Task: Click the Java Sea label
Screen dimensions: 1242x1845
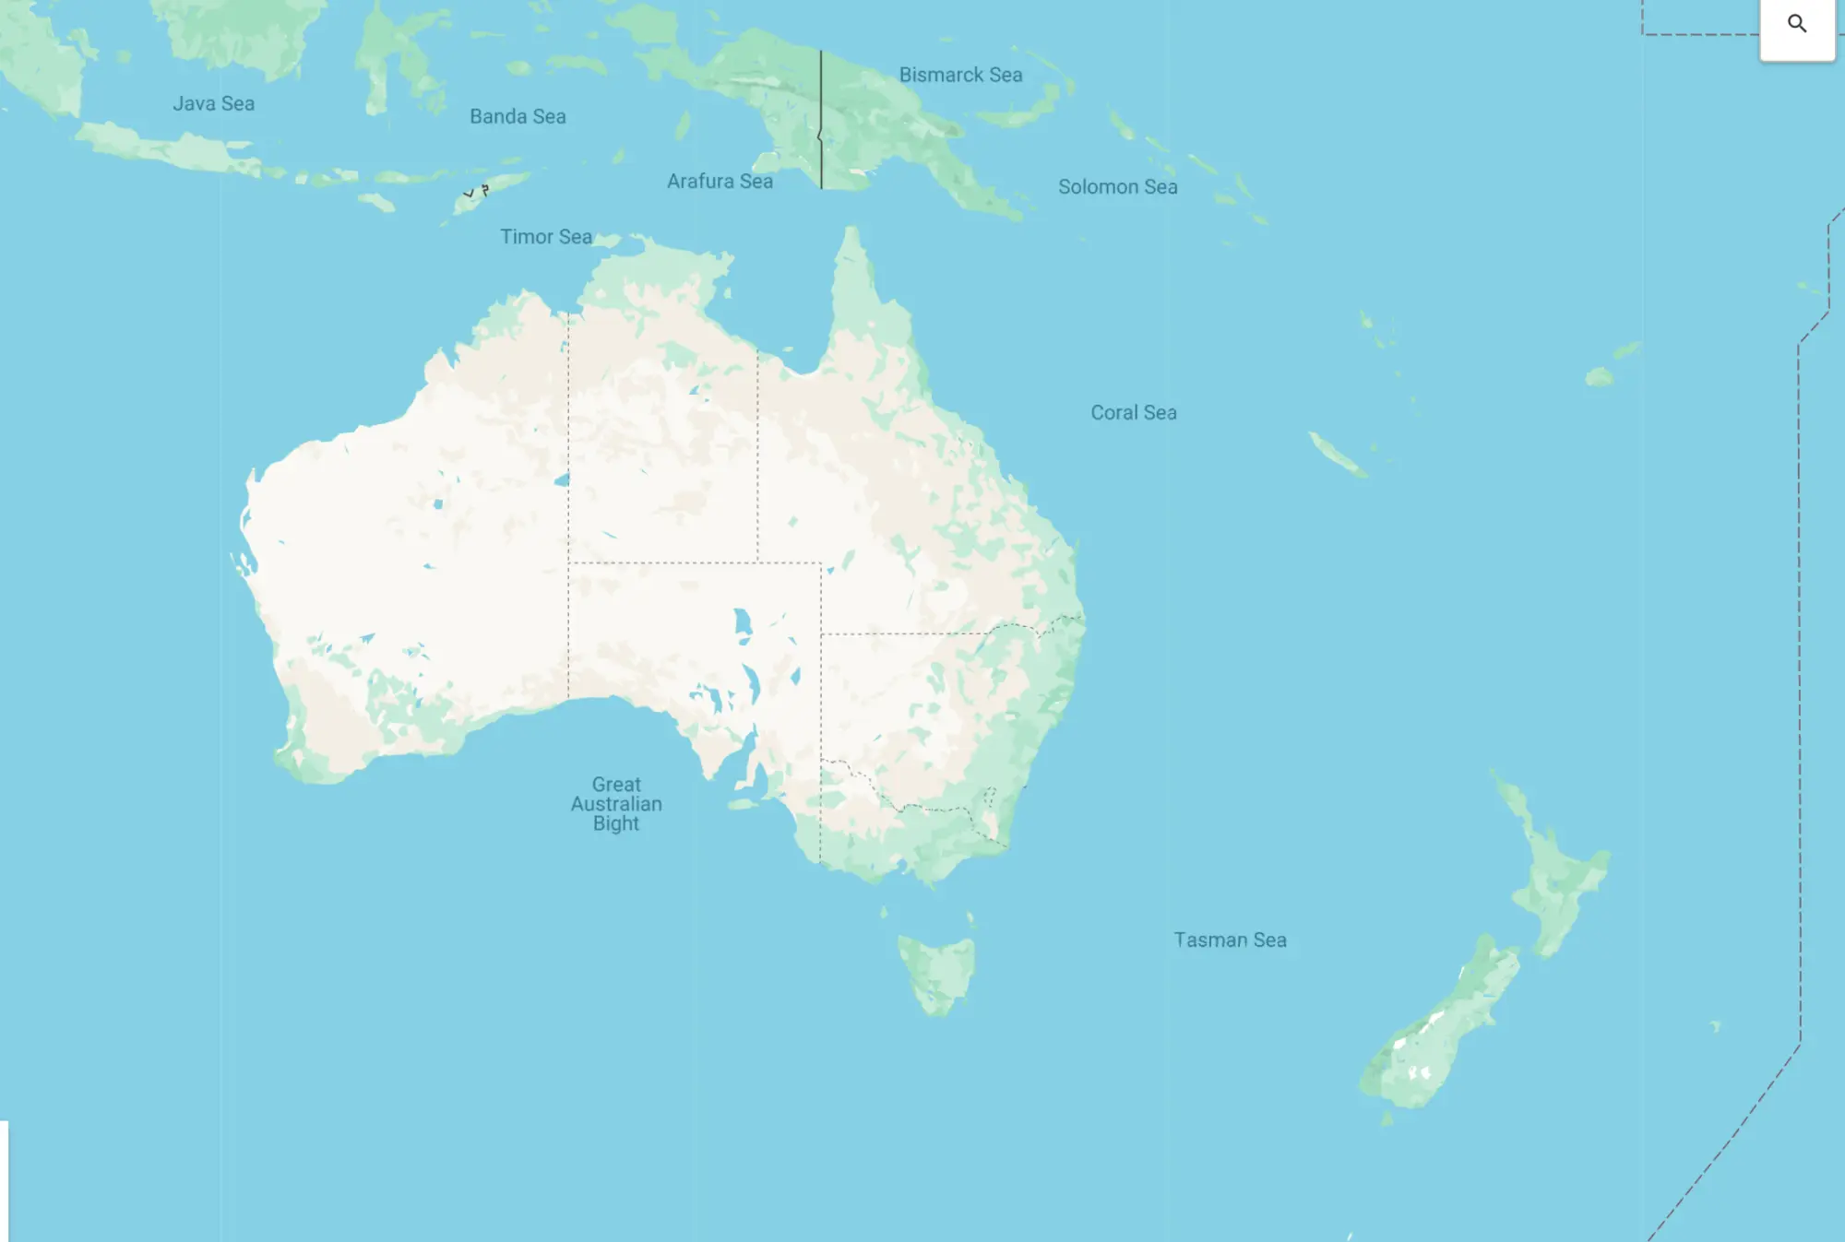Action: [x=213, y=103]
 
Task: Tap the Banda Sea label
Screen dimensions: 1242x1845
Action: [x=518, y=116]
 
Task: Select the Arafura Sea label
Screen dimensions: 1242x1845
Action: [x=720, y=181]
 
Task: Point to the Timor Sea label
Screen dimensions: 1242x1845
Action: [x=546, y=236]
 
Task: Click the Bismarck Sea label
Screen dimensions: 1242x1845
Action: [x=960, y=75]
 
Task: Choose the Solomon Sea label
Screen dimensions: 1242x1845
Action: [x=1117, y=186]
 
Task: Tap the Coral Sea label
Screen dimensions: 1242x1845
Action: [x=1133, y=412]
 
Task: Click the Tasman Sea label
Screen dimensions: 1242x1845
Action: [x=1230, y=940]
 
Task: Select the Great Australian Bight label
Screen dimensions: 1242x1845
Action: [x=616, y=803]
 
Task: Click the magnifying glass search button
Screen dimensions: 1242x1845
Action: [x=1796, y=24]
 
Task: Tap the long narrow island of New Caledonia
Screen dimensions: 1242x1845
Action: [x=1337, y=455]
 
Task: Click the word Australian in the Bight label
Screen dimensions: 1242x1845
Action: [x=616, y=804]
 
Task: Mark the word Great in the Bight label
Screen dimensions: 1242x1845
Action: [x=616, y=784]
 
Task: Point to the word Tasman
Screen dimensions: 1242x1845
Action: [x=1210, y=940]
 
